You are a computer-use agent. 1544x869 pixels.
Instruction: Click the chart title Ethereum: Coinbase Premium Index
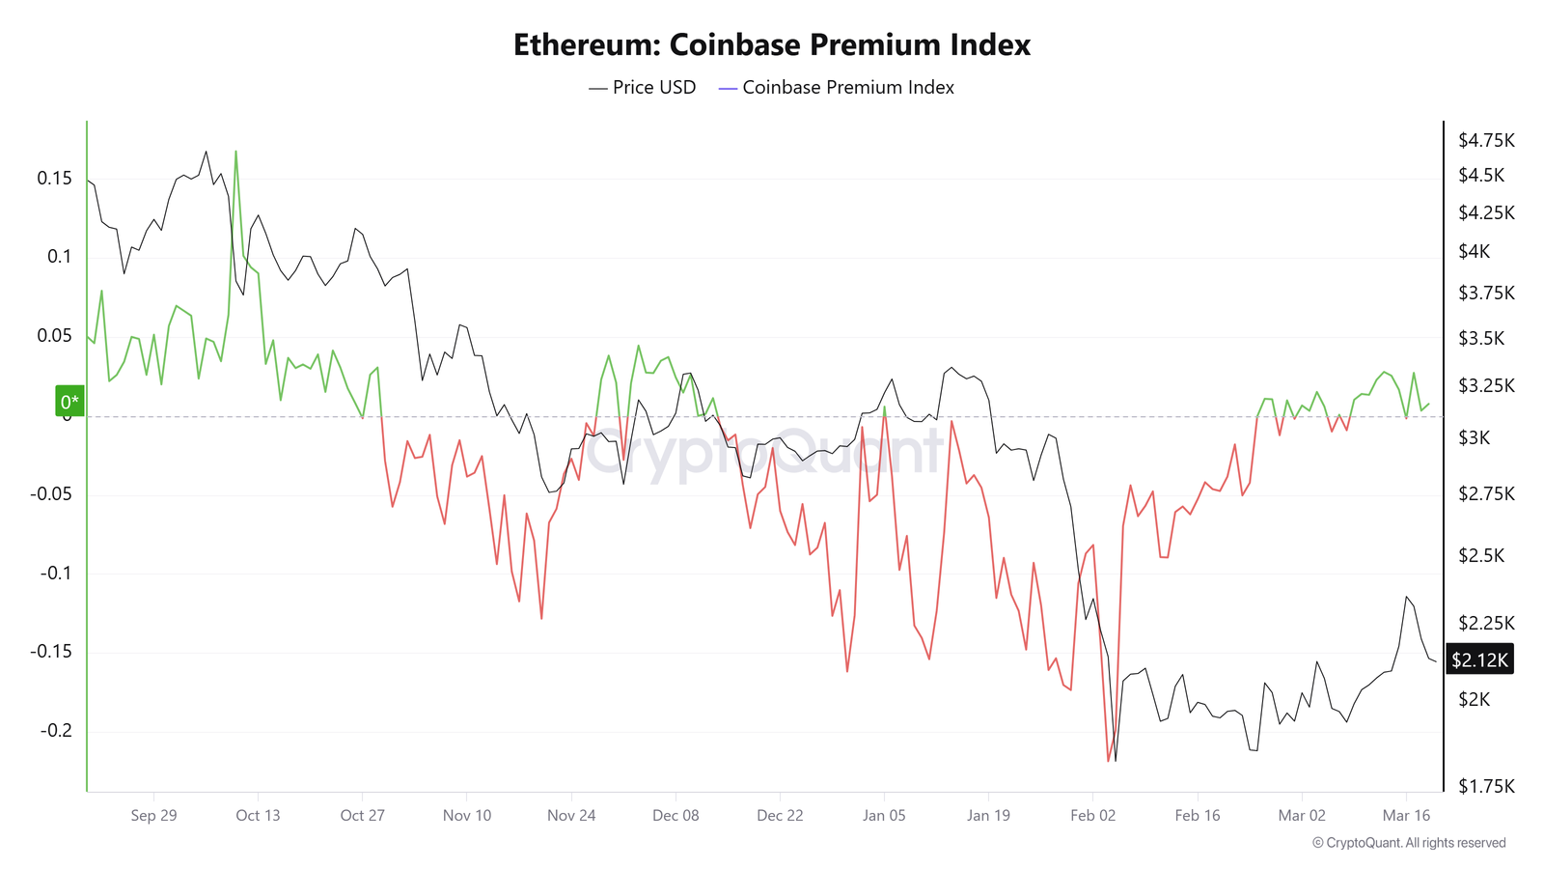coord(771,44)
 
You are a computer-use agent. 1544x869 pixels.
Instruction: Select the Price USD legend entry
coord(643,88)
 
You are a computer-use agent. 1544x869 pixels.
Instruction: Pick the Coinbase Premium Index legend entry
coord(837,88)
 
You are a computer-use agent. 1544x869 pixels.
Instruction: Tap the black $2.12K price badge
coord(1479,659)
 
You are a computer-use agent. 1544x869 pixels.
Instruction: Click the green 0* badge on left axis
coord(69,402)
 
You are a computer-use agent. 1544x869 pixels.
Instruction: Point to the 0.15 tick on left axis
coord(54,178)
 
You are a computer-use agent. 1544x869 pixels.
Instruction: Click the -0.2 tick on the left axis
coord(56,730)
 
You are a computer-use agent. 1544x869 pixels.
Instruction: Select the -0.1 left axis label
coord(56,573)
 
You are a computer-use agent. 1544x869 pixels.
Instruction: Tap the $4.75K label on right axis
coord(1486,141)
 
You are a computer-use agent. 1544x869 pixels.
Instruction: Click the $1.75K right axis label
coord(1486,786)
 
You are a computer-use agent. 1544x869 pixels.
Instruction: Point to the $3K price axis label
coord(1474,437)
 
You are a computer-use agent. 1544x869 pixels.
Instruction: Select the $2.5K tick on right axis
coord(1480,555)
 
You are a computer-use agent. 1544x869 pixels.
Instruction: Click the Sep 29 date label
coord(153,815)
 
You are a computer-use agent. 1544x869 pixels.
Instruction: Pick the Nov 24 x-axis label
coord(571,815)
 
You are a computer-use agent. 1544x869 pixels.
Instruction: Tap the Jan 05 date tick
coord(884,815)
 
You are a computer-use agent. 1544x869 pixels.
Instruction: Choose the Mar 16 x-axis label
coord(1406,815)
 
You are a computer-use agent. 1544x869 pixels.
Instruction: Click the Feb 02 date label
coord(1092,815)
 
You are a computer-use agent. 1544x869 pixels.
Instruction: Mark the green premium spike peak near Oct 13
coord(235,152)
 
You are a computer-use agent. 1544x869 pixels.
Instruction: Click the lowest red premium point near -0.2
coord(1109,761)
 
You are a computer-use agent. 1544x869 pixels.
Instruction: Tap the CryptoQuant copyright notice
coord(1409,843)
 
